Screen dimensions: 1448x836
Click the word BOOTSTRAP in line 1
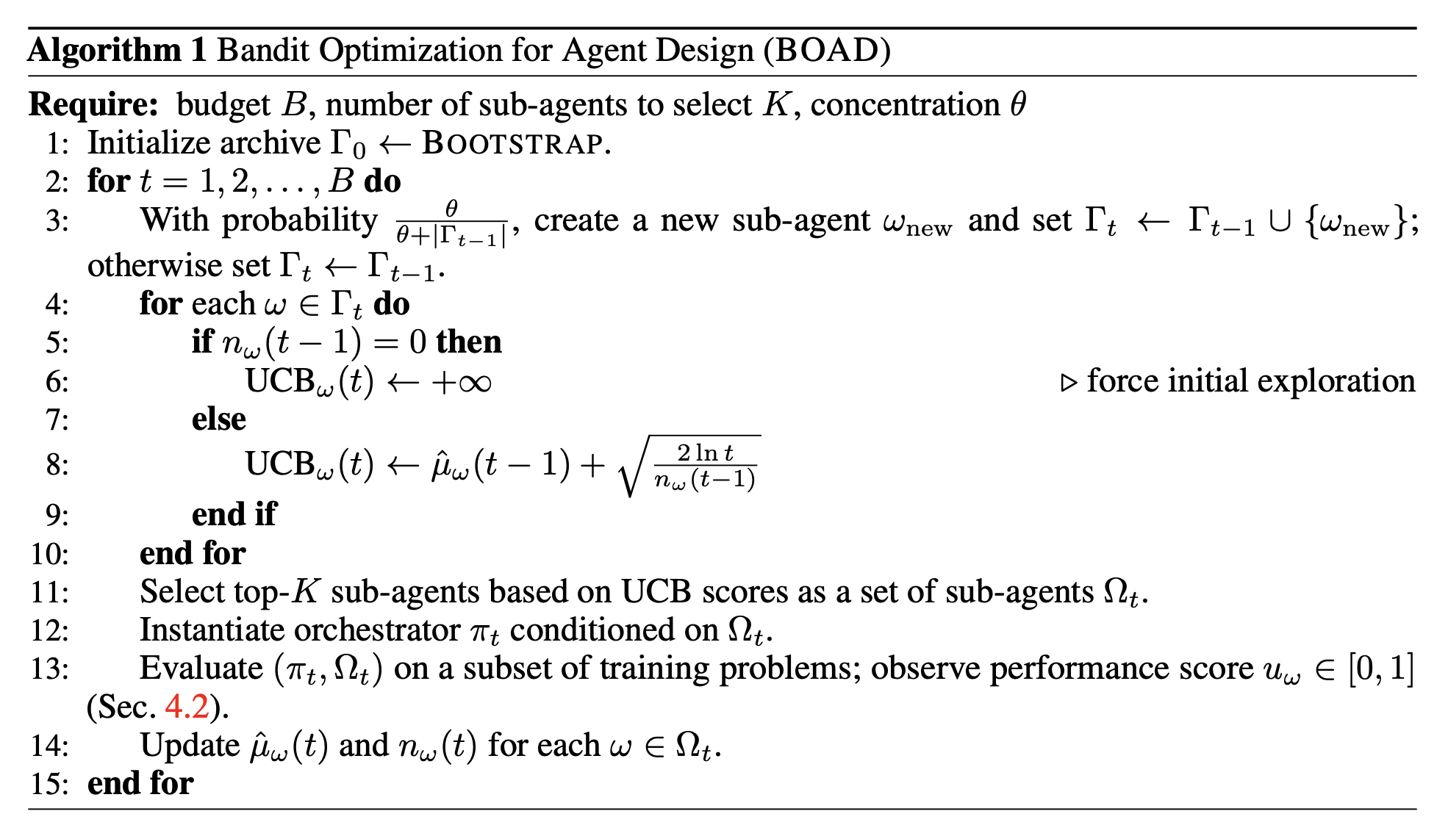point(513,143)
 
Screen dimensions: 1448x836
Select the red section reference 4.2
point(187,707)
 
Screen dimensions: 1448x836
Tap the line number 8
point(57,465)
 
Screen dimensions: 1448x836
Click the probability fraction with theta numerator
point(451,223)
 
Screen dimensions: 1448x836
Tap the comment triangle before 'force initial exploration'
point(1069,383)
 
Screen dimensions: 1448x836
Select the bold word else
point(219,419)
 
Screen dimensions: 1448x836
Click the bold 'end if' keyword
point(234,514)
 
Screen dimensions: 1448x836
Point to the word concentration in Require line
point(905,105)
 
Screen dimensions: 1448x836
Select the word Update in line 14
point(190,746)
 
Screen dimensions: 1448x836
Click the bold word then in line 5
point(469,342)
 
